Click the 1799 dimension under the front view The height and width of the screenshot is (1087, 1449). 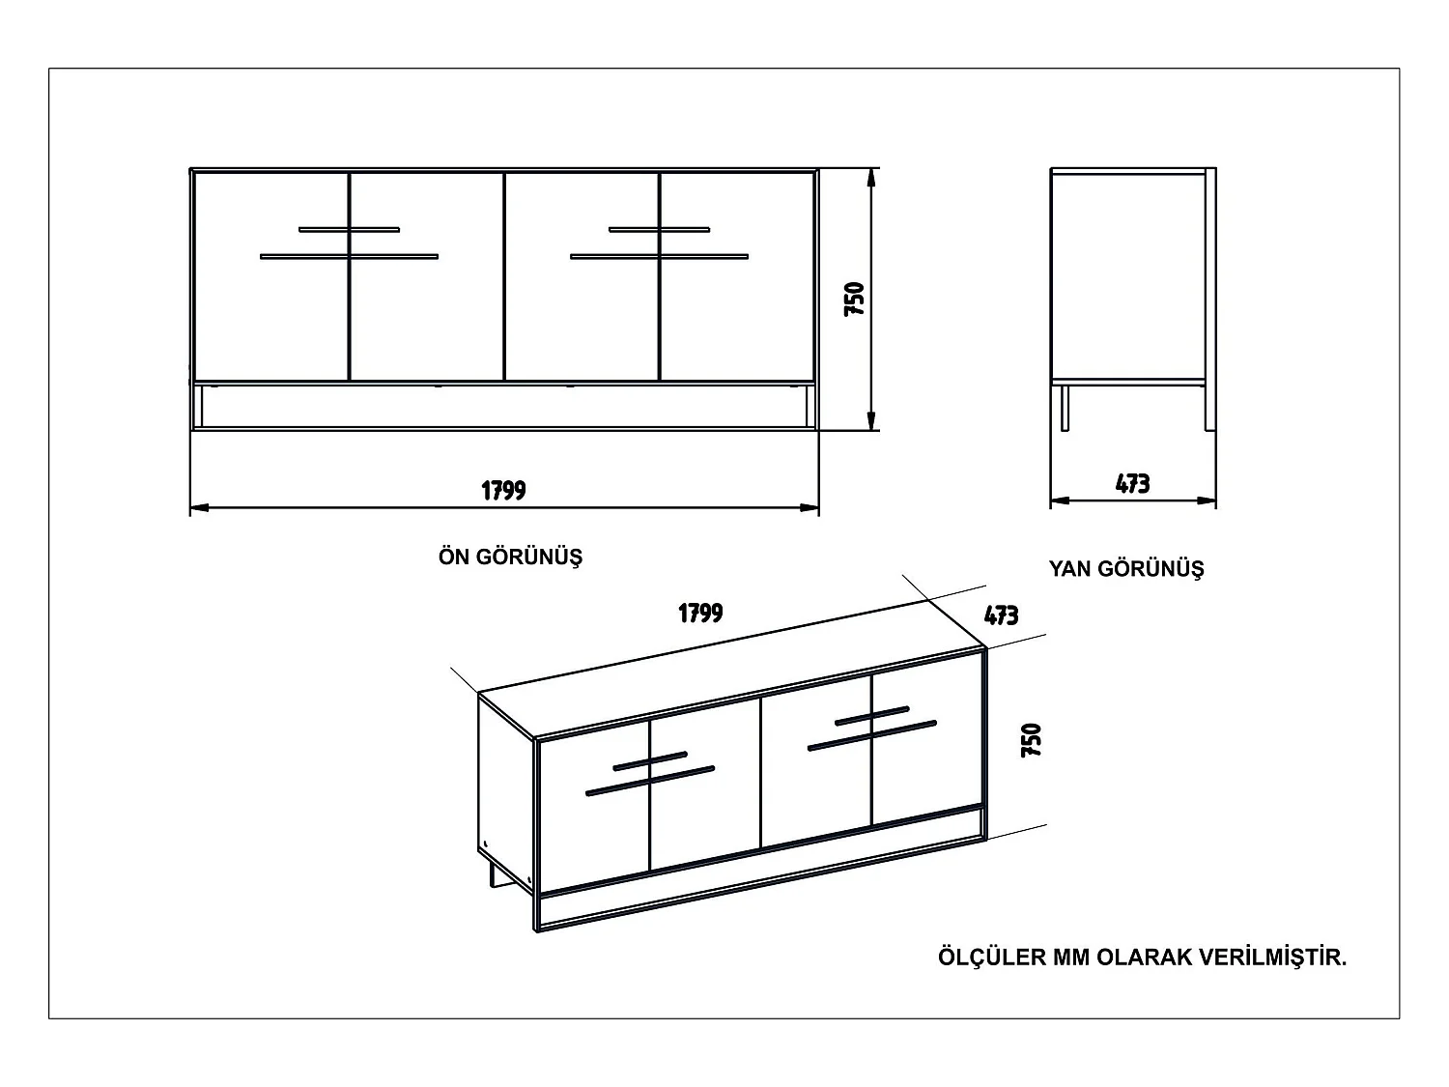tap(503, 490)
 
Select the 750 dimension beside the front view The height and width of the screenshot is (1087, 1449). tap(854, 300)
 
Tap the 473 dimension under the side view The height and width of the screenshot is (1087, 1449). tap(1132, 483)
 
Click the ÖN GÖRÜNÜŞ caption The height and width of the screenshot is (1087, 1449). tap(510, 558)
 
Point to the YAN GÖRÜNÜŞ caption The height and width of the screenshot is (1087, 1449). tap(1126, 569)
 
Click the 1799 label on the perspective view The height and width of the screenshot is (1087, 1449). tap(700, 613)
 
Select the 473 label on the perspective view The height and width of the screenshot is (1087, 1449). tap(1001, 615)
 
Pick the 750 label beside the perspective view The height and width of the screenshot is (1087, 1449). tap(1032, 739)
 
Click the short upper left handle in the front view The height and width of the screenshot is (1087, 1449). tap(349, 229)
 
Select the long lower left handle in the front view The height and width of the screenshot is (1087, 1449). tap(349, 256)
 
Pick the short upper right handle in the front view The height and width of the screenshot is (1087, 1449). tap(659, 229)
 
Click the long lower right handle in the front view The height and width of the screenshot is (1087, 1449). tap(659, 256)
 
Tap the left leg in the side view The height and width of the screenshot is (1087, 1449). tap(1065, 407)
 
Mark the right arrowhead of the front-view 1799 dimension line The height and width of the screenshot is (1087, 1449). tap(811, 507)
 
